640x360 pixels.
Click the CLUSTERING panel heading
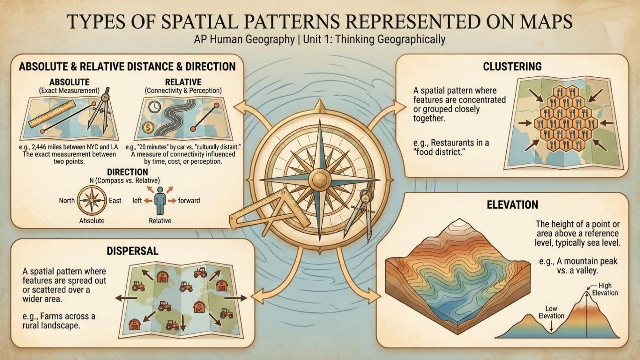click(512, 66)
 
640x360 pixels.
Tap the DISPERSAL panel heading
click(132, 251)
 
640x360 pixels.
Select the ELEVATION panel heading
click(512, 205)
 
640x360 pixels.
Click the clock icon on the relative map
click(155, 107)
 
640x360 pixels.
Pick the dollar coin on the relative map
click(148, 128)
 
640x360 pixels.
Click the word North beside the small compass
click(67, 201)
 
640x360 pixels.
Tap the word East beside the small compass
click(115, 201)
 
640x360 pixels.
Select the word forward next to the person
click(189, 201)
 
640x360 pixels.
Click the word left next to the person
click(137, 201)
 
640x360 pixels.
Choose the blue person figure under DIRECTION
click(160, 201)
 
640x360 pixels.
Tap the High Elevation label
click(604, 289)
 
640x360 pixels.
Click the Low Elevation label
click(551, 312)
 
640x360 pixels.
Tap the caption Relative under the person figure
click(160, 221)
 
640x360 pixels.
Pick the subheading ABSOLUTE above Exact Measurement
click(69, 82)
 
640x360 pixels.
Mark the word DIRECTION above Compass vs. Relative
click(127, 172)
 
